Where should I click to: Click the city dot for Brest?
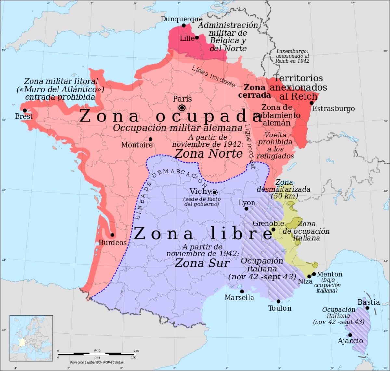click(25, 111)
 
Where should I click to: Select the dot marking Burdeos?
click(112, 235)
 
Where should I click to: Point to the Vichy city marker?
click(214, 192)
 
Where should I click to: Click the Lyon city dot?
click(246, 209)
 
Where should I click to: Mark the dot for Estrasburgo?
click(311, 103)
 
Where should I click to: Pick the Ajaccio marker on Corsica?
click(350, 335)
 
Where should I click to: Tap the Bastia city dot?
click(367, 308)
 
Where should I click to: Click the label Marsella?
click(239, 297)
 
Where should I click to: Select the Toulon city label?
click(279, 308)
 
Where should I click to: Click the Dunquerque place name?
click(181, 19)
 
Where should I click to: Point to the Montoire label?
click(136, 145)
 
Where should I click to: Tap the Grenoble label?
click(268, 224)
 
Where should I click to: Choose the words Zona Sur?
click(202, 263)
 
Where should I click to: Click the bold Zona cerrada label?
click(255, 91)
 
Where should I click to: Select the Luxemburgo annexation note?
click(292, 56)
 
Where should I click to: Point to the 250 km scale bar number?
click(136, 350)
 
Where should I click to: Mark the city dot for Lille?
click(197, 37)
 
